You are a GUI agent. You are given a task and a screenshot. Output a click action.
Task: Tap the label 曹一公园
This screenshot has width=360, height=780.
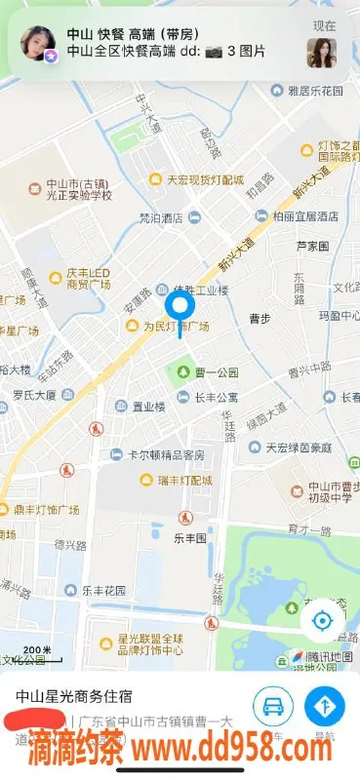click(215, 372)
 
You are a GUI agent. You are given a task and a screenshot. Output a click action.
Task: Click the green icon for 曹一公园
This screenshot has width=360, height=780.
click(181, 371)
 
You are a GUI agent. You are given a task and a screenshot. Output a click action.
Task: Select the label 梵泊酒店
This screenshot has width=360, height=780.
click(161, 218)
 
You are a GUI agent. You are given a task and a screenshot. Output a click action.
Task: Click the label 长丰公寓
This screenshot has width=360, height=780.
click(217, 398)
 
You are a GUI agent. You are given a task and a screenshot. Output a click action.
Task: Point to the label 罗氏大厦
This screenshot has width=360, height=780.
click(34, 396)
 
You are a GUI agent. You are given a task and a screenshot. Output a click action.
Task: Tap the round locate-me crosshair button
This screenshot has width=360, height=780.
click(322, 621)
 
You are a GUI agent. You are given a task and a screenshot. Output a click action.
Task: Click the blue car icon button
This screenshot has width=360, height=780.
click(273, 705)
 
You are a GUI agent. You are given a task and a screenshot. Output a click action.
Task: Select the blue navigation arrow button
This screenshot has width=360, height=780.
click(325, 705)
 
